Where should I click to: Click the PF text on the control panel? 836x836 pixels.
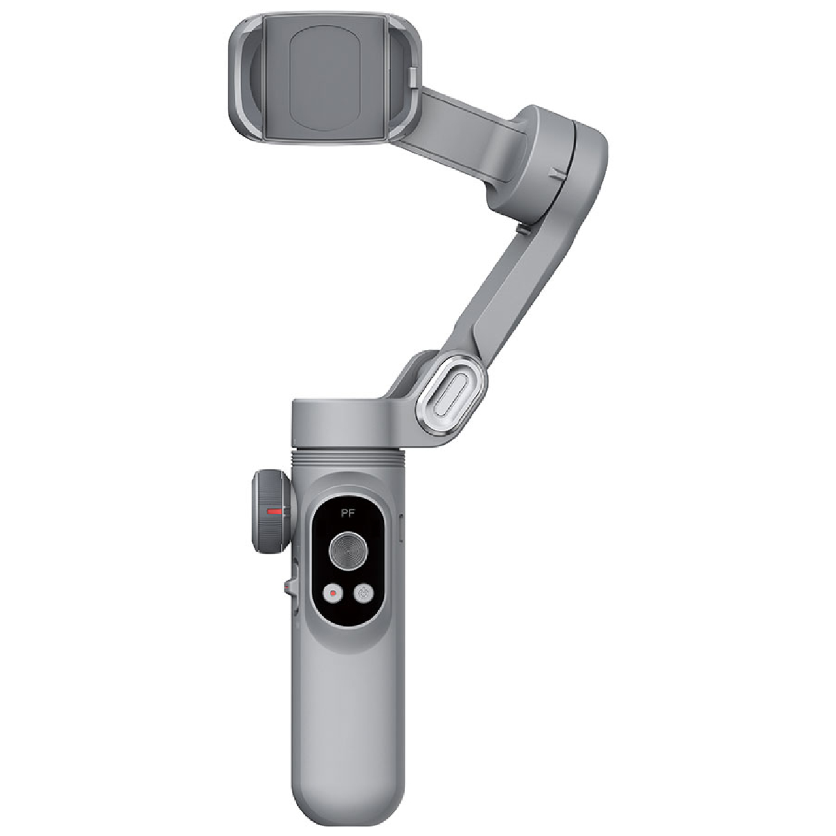[x=348, y=513]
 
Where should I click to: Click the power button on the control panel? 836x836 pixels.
[x=364, y=593]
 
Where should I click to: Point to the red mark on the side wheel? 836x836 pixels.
[x=275, y=511]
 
